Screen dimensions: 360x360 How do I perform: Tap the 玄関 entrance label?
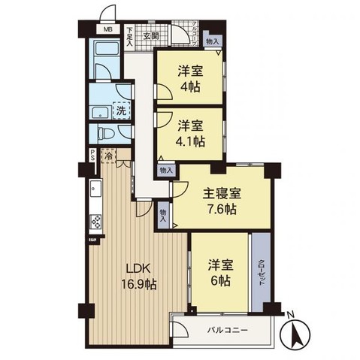(150, 35)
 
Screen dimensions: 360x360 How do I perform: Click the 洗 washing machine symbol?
(120, 111)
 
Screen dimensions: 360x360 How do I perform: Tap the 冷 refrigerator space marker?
(109, 157)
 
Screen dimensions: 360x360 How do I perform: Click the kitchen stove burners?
(96, 221)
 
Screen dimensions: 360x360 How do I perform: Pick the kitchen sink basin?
(96, 189)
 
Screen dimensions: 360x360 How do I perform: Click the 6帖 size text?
(219, 280)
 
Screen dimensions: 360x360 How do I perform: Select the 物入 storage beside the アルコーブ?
(212, 43)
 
